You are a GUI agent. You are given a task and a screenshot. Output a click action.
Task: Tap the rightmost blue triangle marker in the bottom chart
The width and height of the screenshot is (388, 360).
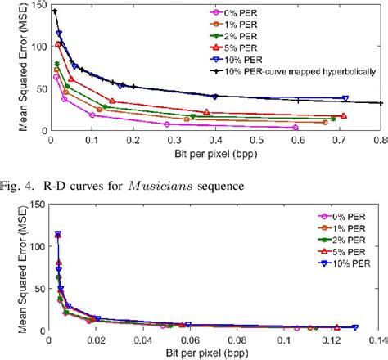[x=354, y=327]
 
